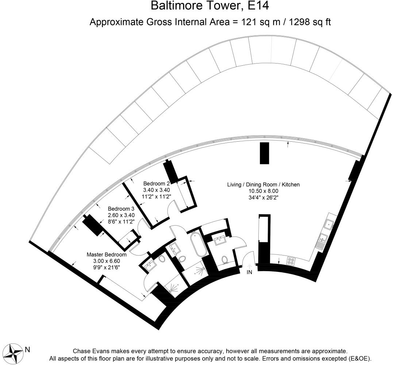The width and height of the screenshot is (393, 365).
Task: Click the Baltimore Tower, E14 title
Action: tap(210, 5)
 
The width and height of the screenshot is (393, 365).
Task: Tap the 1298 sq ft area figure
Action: tap(310, 22)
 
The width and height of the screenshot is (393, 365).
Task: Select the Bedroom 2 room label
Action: tap(157, 184)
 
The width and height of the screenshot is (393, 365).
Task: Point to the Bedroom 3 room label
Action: tap(121, 209)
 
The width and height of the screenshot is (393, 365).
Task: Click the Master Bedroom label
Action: tap(107, 255)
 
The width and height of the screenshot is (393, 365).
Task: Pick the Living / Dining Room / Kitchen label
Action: tap(263, 185)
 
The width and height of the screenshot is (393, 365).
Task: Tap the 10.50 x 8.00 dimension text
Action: tap(263, 191)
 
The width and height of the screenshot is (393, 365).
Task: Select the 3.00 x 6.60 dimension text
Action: tap(107, 261)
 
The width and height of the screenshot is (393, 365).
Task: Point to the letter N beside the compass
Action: tap(28, 349)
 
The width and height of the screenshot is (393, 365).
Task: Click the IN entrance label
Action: tap(249, 272)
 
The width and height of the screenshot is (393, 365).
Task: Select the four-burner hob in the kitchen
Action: tap(291, 261)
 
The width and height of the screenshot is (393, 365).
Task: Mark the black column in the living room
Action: tap(265, 153)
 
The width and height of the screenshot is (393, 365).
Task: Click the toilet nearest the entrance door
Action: tap(225, 260)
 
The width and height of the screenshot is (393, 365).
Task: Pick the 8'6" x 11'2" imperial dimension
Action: tap(121, 222)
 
